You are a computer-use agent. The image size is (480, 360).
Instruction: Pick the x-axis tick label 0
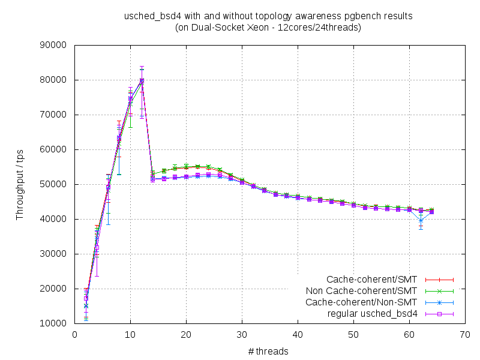click(x=75, y=334)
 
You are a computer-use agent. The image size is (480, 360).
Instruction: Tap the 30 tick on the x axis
click(x=242, y=334)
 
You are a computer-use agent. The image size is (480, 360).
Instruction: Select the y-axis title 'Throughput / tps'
click(x=20, y=184)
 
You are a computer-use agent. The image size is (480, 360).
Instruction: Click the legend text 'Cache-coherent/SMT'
click(x=373, y=280)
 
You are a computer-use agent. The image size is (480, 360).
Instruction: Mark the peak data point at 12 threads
click(x=142, y=80)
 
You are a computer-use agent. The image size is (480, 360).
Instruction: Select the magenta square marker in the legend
click(x=439, y=314)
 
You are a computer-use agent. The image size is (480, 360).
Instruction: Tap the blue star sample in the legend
click(x=439, y=302)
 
